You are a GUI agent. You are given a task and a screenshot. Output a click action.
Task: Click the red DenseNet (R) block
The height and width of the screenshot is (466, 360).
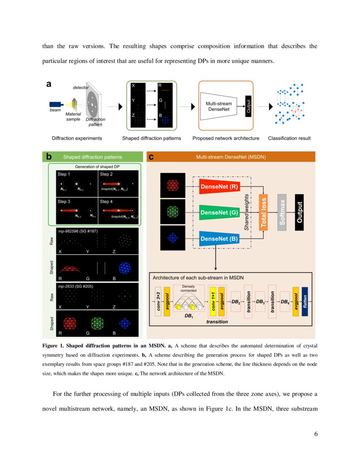tap(219, 186)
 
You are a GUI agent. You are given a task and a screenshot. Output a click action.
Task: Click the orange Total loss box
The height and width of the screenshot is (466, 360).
tap(263, 213)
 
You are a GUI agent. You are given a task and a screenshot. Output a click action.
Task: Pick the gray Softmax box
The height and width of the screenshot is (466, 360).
tap(282, 213)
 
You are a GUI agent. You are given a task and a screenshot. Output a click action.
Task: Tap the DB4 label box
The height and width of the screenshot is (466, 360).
tap(285, 302)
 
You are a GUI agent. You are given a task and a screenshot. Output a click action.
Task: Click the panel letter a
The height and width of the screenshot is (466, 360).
tap(49, 84)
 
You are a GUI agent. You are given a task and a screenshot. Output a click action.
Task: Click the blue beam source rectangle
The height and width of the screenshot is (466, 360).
tap(56, 104)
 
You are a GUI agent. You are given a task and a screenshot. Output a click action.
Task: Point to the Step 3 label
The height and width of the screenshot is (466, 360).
tap(65, 202)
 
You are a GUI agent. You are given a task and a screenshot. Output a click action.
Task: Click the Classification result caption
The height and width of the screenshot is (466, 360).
tap(289, 138)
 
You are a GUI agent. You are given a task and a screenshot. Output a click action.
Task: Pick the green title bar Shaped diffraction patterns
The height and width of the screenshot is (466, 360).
tap(93, 157)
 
